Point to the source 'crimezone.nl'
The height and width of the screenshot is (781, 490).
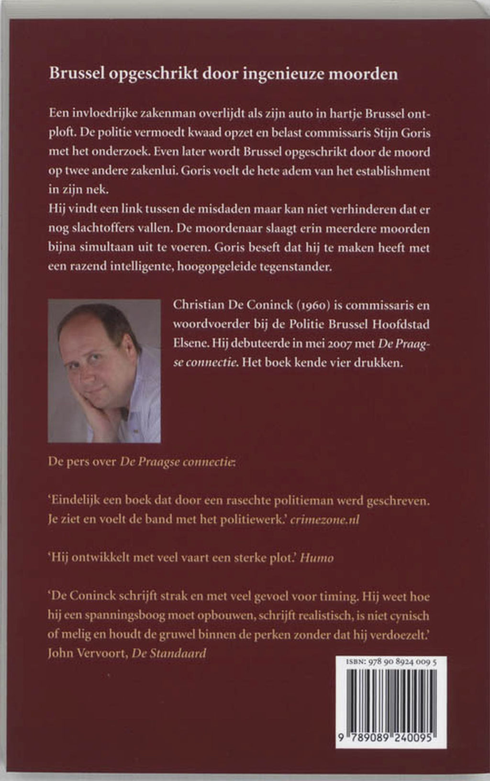[x=325, y=520]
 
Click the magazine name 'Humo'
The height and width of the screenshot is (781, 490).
[x=317, y=558]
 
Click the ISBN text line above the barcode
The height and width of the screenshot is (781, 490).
[x=390, y=662]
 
